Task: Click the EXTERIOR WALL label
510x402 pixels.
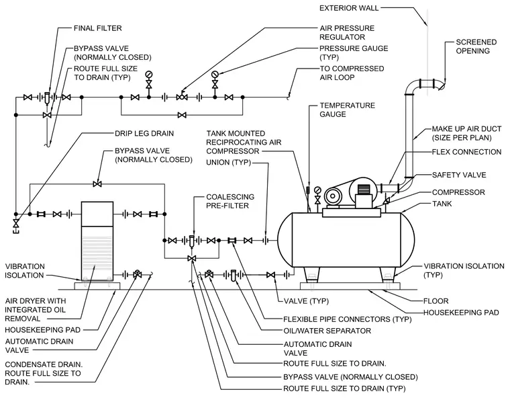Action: [x=349, y=8]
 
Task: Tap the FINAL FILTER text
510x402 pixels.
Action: [x=97, y=28]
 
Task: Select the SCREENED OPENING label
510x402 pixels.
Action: [x=476, y=46]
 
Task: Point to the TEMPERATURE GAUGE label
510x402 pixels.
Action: [x=347, y=110]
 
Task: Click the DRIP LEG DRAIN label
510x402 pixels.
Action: [x=144, y=133]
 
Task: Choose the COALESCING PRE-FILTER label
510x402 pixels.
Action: [x=230, y=201]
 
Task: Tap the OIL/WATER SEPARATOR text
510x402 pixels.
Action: [x=327, y=331]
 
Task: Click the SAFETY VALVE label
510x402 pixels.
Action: [x=459, y=175]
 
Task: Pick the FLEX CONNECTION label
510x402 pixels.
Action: [x=466, y=152]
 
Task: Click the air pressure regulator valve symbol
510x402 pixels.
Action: [x=182, y=96]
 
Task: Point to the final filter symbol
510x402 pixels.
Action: [x=47, y=97]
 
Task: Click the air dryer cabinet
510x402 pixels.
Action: [x=97, y=241]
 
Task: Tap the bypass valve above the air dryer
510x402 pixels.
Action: [x=97, y=184]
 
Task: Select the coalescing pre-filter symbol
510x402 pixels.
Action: [x=191, y=241]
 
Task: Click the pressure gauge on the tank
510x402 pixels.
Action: [x=317, y=196]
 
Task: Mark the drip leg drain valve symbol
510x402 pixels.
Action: [x=15, y=223]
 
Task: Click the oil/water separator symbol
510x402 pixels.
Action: [x=234, y=276]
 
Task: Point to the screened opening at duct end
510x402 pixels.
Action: [x=441, y=85]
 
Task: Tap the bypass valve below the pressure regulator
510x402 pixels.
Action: [x=182, y=115]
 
